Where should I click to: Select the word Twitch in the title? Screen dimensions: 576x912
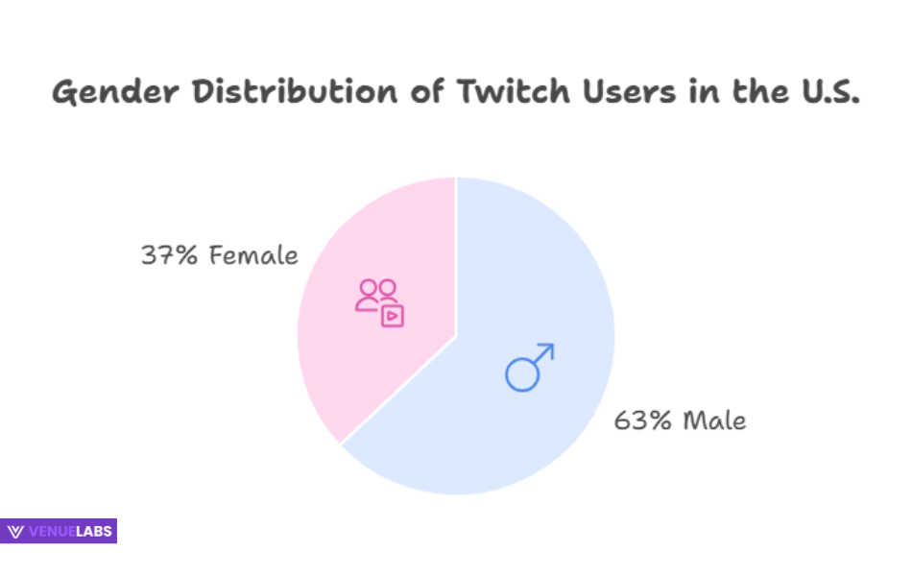pos(510,93)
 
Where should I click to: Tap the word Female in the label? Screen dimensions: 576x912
pos(252,256)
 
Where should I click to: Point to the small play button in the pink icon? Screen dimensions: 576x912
pos(392,316)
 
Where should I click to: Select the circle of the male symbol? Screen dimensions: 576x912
pos(522,374)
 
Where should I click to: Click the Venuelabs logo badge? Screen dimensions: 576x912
pos(59,531)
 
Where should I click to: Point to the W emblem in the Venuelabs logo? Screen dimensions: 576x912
pos(15,531)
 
